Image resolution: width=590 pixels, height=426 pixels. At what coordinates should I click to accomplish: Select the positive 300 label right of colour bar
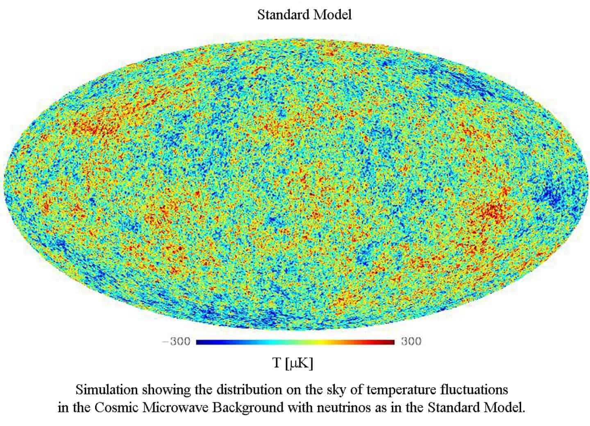pos(411,342)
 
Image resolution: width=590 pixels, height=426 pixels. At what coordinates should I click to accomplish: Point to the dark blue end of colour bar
pos(201,342)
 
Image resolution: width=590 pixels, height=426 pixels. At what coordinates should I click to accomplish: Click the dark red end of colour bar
pos(390,342)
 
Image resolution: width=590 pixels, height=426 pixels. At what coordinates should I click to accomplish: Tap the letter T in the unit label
pos(277,363)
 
